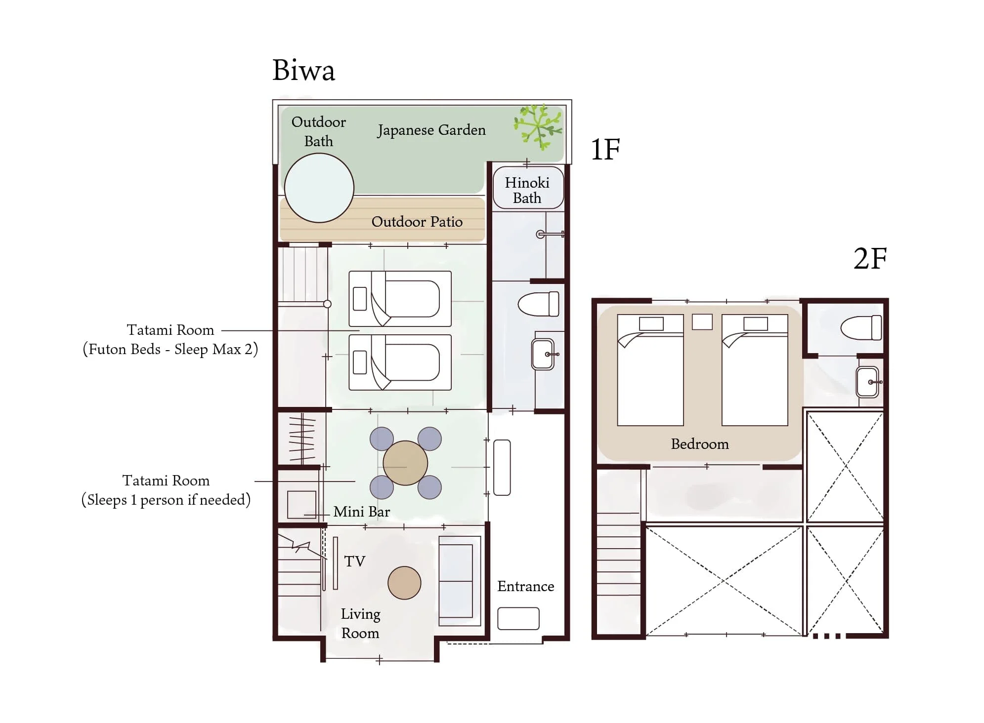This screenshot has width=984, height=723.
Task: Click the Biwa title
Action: tap(303, 70)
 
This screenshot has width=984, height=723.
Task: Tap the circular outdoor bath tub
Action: tap(319, 188)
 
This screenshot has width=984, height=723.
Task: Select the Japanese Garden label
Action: tap(431, 130)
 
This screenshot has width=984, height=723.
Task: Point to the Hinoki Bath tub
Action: tap(528, 188)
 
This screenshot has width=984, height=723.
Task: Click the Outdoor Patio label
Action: tap(417, 222)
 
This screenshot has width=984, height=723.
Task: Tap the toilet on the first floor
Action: tap(538, 304)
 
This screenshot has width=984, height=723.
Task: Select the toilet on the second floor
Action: tap(861, 327)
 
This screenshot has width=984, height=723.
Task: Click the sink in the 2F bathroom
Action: tap(867, 382)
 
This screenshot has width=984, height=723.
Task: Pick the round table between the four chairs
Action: tap(405, 463)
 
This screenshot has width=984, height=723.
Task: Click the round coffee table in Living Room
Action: tap(404, 583)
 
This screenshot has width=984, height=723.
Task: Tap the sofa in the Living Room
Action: tap(460, 581)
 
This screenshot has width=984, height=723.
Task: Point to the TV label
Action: tap(354, 562)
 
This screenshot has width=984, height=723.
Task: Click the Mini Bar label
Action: tap(361, 512)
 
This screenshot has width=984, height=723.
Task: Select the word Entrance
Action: tap(525, 586)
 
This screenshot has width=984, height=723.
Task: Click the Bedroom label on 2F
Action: tap(700, 444)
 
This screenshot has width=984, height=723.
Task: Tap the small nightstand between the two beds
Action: tap(702, 321)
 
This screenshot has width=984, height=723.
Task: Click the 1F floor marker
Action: tap(605, 149)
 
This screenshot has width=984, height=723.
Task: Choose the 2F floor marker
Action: tap(870, 258)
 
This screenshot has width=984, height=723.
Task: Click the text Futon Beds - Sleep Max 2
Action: tap(170, 350)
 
